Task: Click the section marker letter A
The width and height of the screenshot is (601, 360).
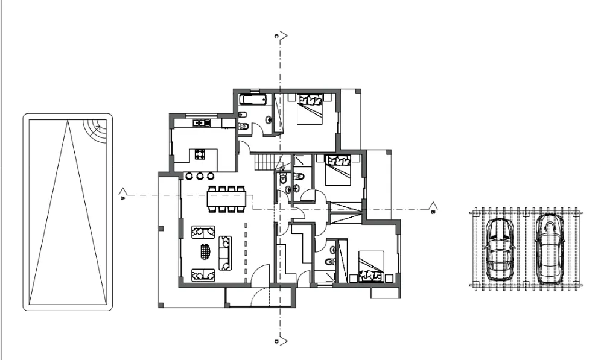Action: [122, 198]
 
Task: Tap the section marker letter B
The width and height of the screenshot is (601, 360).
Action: [433, 212]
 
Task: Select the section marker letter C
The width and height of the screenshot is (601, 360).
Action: [276, 36]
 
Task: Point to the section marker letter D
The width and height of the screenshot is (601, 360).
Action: [276, 342]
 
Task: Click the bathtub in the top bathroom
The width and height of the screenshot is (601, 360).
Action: [253, 100]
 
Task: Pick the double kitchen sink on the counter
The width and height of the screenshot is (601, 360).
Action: [201, 123]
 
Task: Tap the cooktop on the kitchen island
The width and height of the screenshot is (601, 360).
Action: [200, 154]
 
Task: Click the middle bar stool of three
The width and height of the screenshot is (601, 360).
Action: [200, 176]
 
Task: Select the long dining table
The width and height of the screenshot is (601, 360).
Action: [226, 199]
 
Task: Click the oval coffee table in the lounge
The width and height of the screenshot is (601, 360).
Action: [206, 251]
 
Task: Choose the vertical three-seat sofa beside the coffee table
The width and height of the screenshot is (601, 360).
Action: [226, 253]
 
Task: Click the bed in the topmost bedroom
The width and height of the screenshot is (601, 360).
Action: [310, 109]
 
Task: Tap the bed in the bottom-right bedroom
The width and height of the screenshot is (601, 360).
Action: [371, 267]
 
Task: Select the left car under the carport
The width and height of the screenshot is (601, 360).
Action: [500, 249]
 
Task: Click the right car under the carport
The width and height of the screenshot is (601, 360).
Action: [550, 249]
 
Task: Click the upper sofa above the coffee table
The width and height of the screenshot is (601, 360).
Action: [203, 232]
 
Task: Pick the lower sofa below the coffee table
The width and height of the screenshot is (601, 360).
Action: [203, 275]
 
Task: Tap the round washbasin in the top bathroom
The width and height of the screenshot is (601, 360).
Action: [269, 120]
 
